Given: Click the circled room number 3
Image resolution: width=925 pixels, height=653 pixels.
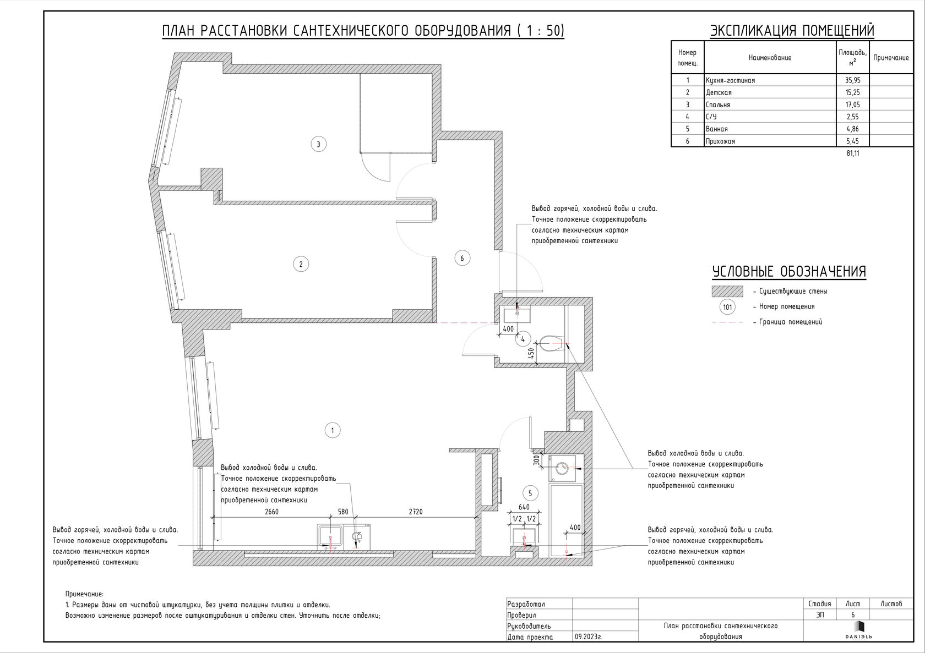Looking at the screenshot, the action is click(x=318, y=144).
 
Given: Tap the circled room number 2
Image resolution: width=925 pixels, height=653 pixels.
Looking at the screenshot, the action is click(x=301, y=264).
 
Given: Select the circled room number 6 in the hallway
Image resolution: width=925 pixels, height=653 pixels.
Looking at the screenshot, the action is click(x=462, y=258).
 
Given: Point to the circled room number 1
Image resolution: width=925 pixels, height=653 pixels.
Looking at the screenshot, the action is click(x=333, y=431).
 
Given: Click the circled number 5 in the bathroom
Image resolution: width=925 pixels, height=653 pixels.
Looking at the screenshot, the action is click(x=530, y=493).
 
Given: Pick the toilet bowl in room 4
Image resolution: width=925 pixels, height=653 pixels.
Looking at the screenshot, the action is click(x=551, y=343).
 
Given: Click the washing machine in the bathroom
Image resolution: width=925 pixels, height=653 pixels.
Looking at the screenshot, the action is click(x=562, y=468).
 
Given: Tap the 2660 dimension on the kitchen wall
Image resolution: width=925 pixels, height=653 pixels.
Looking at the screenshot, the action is click(x=272, y=512).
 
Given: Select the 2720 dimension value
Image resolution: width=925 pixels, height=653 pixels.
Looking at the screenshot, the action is click(x=416, y=512).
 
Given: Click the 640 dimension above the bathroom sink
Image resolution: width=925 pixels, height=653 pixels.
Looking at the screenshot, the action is click(x=524, y=507).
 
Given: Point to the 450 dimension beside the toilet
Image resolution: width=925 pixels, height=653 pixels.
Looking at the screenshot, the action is click(x=532, y=353).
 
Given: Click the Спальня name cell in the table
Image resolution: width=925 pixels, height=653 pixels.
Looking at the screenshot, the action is click(x=718, y=105).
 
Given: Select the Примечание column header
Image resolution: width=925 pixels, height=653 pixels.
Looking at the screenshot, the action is click(x=891, y=58).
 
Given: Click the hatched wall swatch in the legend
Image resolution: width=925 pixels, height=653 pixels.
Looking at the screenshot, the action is click(x=727, y=292).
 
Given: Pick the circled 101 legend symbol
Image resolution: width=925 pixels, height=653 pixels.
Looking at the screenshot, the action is click(x=728, y=308).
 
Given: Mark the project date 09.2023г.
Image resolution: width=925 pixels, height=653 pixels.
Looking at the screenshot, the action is click(x=589, y=637).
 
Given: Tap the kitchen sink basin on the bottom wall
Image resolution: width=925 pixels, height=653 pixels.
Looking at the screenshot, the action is click(x=330, y=537).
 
